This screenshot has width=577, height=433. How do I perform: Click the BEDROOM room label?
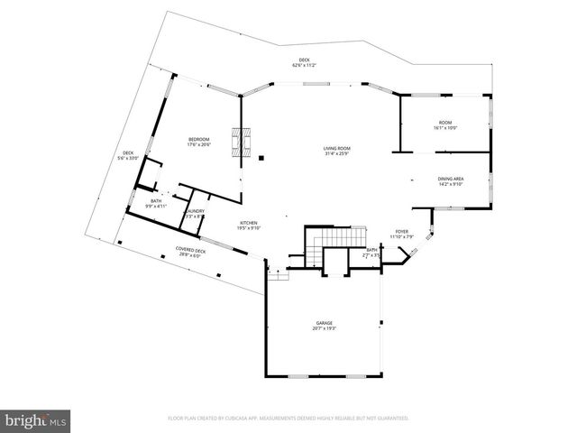point(197,139)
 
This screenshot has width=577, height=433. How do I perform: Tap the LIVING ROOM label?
point(337,148)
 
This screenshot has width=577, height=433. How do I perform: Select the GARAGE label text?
point(324,322)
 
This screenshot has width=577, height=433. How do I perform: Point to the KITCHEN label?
point(249,223)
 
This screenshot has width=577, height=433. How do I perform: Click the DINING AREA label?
point(451,180)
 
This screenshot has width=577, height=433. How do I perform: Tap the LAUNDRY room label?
point(196,212)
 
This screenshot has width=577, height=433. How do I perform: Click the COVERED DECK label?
point(190,250)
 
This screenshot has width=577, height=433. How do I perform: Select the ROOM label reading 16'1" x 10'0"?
point(445,123)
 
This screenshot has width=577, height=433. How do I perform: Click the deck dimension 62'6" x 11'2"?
point(304,66)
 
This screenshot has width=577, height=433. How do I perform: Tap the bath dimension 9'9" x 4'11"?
point(156,207)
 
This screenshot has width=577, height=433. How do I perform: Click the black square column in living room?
point(261,159)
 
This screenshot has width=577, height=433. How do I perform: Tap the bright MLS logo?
point(36,420)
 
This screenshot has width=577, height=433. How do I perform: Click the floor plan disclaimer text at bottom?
point(288,419)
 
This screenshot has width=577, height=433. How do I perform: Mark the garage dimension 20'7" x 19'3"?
point(324,328)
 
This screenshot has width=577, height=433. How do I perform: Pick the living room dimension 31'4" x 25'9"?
point(337,154)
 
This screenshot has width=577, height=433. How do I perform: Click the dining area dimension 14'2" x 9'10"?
point(451,186)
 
